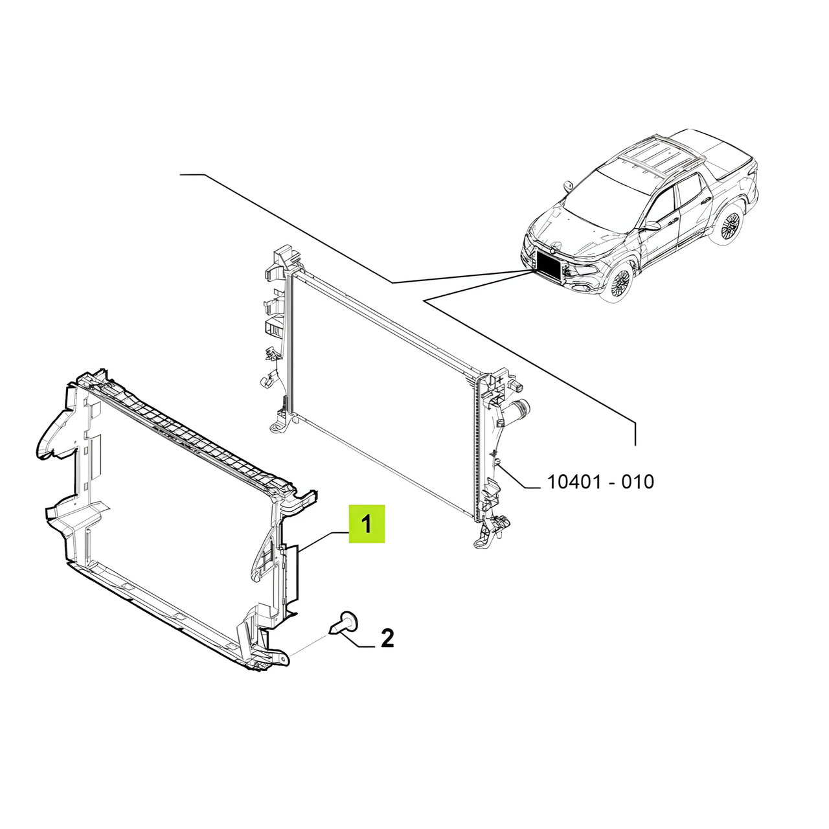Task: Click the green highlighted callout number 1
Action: [366, 524]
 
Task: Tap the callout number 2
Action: [387, 638]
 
